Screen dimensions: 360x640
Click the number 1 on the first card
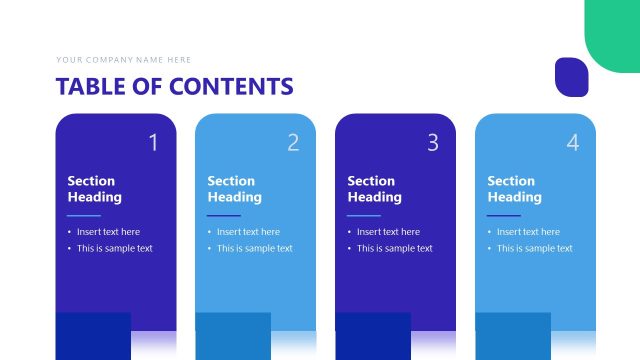coord(153,143)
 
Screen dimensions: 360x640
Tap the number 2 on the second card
coord(293,143)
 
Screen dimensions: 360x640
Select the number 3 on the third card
coord(433,143)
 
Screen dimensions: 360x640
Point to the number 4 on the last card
coord(573,143)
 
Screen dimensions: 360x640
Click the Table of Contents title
coord(175,86)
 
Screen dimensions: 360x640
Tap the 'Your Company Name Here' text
coord(124,60)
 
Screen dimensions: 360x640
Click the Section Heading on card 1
coord(94,189)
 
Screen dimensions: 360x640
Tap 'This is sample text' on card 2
coord(255,249)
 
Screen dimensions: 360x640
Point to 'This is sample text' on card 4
coord(535,249)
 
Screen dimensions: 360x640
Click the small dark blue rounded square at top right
coord(571,77)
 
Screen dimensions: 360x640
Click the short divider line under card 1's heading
coord(84,215)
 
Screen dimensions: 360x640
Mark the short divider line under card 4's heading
coord(504,215)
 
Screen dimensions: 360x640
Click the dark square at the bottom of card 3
coord(372,336)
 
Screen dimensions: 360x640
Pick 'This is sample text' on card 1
coord(115,249)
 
